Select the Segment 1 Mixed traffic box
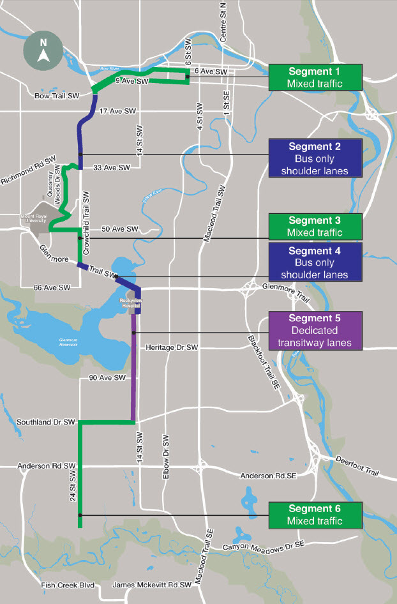[x=315, y=77]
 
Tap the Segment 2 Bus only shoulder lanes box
[x=315, y=157]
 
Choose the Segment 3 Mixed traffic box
[x=315, y=226]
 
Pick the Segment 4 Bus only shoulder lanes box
[x=315, y=262]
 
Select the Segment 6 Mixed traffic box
[x=315, y=515]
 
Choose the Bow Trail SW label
[x=57, y=96]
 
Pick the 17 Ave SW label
[x=118, y=111]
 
